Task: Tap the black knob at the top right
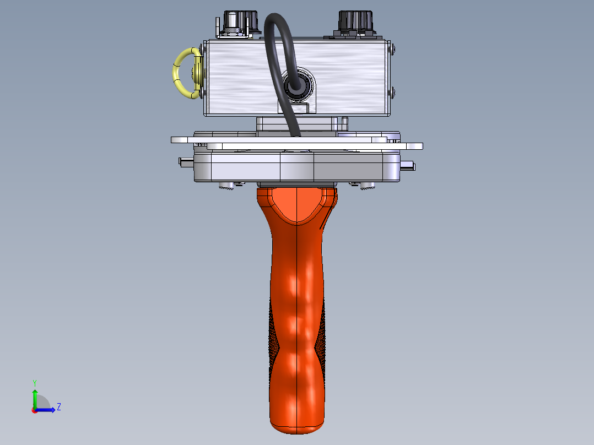(x=355, y=23)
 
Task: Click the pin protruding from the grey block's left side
(x=186, y=162)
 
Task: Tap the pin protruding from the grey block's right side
(x=408, y=166)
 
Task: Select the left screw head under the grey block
(x=226, y=185)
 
